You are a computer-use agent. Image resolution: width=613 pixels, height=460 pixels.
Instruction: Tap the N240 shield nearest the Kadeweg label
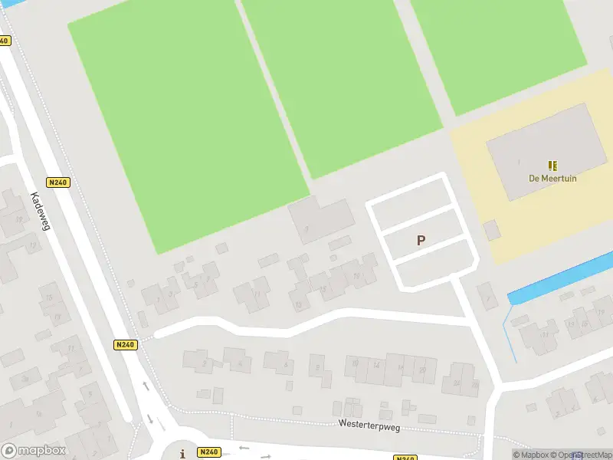click(x=57, y=182)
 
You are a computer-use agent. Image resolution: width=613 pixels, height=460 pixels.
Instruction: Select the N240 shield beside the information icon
click(x=208, y=452)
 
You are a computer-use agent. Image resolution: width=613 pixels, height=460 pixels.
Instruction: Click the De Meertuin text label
click(x=552, y=179)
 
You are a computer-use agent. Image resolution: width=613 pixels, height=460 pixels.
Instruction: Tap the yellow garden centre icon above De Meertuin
click(x=552, y=166)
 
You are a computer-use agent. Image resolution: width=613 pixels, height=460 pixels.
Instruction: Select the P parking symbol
click(x=421, y=240)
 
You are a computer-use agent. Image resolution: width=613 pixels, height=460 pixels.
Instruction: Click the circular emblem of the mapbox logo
click(x=9, y=451)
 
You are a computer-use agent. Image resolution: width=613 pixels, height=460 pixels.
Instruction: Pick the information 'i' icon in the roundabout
click(x=182, y=454)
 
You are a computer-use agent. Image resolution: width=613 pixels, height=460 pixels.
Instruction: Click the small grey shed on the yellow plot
click(x=492, y=230)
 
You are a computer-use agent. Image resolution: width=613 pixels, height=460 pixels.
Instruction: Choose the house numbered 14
click(x=377, y=366)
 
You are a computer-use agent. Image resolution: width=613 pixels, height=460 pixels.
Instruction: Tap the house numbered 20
click(x=423, y=370)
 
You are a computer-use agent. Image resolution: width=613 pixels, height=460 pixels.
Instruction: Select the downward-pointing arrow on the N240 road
click(x=150, y=419)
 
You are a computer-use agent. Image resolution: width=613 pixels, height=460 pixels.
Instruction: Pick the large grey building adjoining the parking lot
click(x=322, y=219)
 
